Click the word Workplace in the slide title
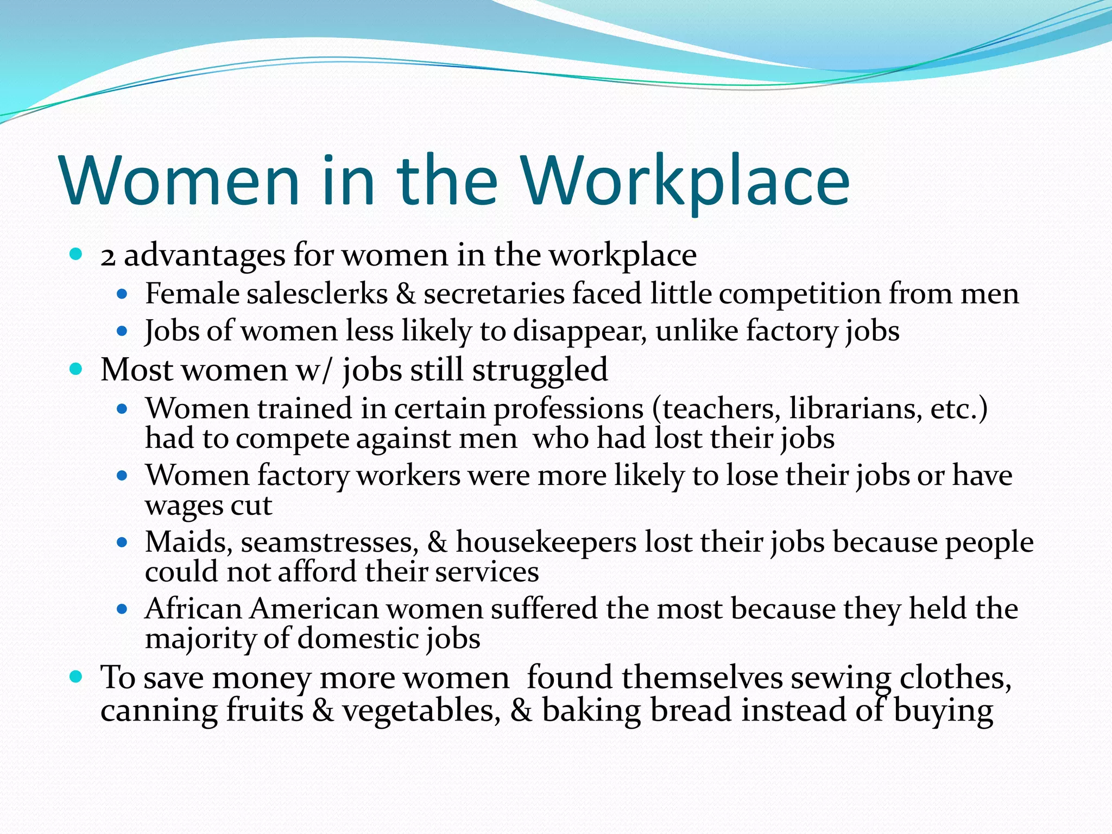685,182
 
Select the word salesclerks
317,294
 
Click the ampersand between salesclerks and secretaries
406,294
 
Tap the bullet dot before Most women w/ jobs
76,370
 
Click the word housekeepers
546,542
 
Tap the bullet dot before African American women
122,609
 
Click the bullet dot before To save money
76,677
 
